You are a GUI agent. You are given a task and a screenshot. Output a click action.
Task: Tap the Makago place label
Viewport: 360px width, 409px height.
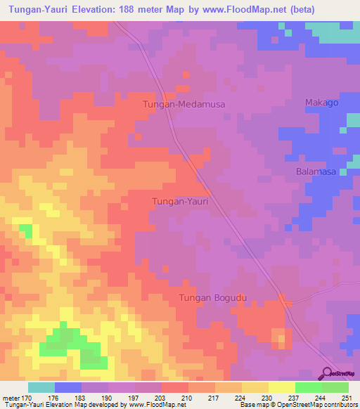tap(322, 103)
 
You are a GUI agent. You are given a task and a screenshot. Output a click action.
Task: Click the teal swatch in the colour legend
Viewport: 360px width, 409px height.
tap(41, 387)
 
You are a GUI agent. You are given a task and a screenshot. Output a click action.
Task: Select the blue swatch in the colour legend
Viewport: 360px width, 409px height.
tap(68, 387)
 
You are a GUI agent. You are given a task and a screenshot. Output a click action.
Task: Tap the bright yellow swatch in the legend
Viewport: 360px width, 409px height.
tap(282, 387)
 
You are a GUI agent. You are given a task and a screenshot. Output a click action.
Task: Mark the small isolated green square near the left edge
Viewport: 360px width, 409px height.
tap(25, 230)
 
